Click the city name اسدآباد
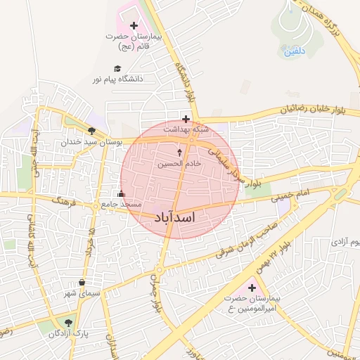173,218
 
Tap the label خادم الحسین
179,163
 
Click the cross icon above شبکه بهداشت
186,119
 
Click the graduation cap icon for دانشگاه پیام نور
117,68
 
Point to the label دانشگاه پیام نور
117,79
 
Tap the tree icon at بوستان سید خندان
91,131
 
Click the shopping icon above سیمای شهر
82,283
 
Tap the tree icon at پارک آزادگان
68,323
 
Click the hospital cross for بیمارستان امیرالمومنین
252,288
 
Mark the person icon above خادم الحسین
179,153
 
